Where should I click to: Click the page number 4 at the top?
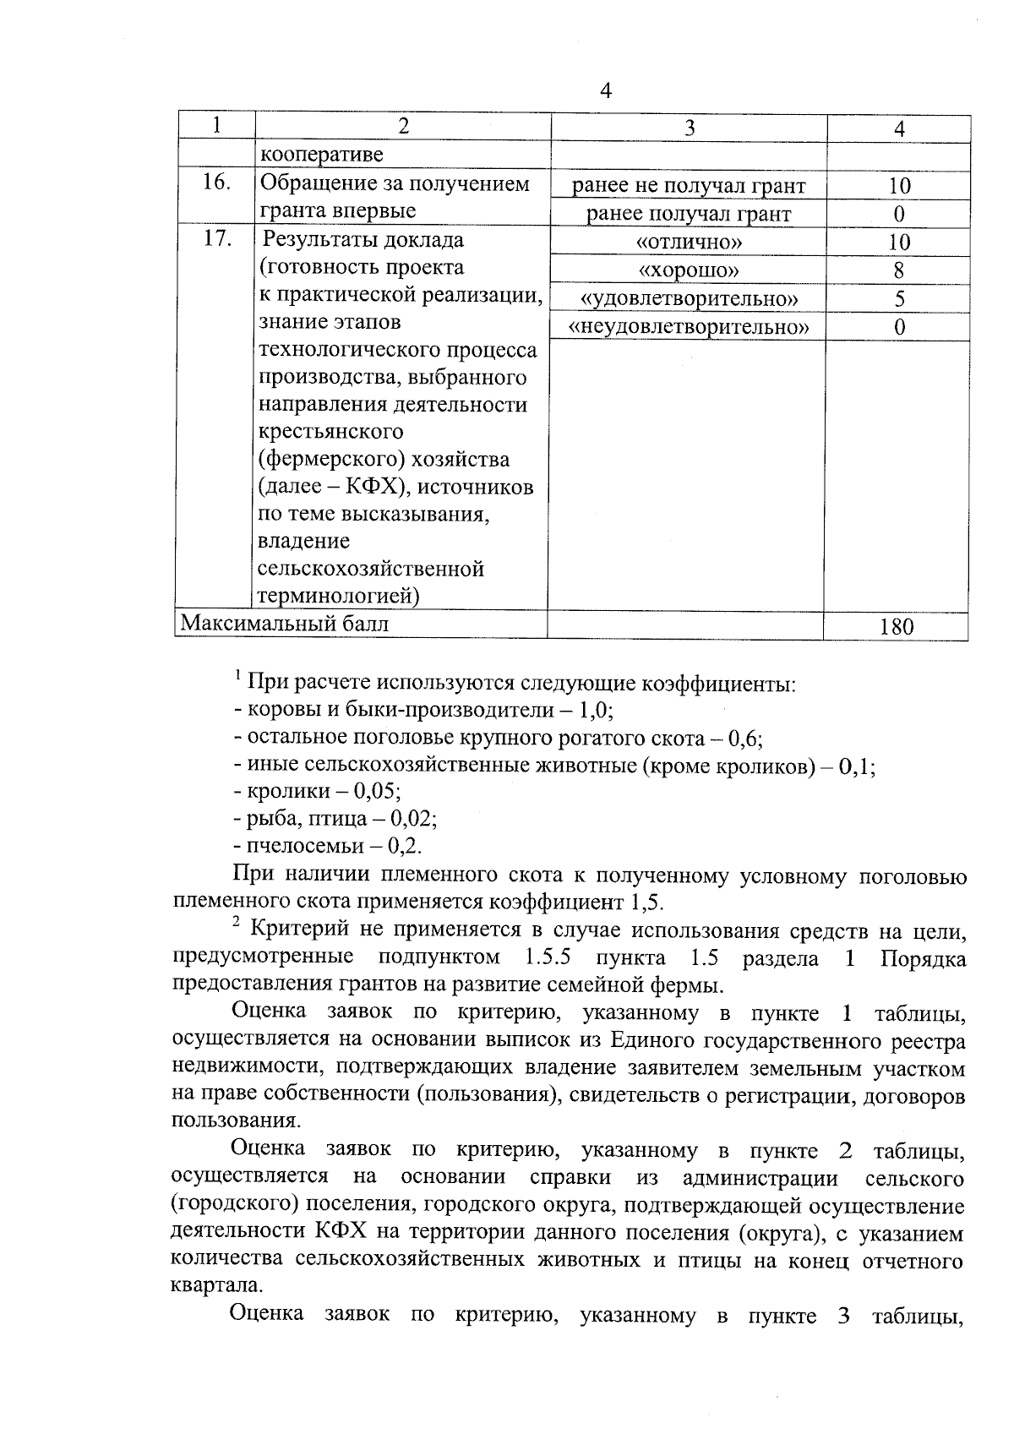(x=604, y=90)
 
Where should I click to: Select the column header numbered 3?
(x=690, y=128)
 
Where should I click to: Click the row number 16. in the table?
(x=216, y=183)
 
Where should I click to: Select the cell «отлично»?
(x=689, y=243)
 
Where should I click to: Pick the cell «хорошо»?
(x=689, y=270)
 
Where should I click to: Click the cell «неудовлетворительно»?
(x=689, y=326)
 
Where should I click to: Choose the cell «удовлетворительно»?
(x=689, y=298)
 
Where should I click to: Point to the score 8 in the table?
(x=898, y=270)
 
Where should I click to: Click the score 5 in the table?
(x=899, y=298)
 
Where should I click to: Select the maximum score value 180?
(x=896, y=626)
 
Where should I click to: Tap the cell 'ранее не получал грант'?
(x=689, y=186)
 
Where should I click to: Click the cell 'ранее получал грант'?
(x=689, y=214)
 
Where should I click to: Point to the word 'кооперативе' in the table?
(x=321, y=155)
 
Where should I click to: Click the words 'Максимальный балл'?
(x=286, y=624)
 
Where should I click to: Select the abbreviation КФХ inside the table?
(x=368, y=487)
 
